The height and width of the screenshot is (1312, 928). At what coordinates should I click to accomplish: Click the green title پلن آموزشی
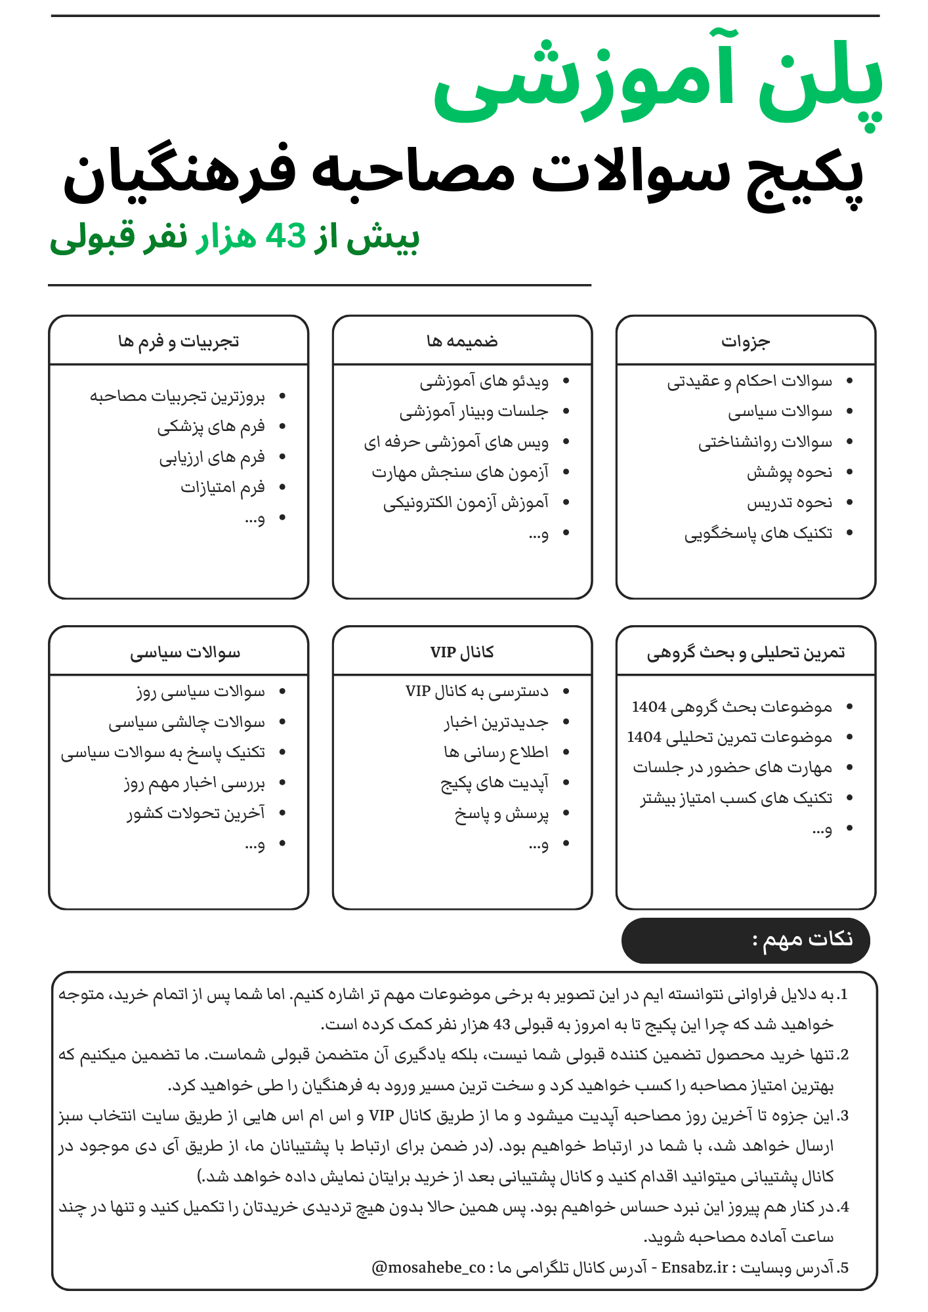pos(656,82)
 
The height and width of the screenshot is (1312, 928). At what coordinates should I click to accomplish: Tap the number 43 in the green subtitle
pos(286,236)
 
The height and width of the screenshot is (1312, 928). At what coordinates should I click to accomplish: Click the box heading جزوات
pos(746,341)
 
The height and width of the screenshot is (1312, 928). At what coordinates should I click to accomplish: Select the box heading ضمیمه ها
pos(462,341)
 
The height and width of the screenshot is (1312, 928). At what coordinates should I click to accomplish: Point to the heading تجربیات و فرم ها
pos(179,341)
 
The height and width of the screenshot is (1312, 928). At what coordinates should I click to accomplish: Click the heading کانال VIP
pos(462,652)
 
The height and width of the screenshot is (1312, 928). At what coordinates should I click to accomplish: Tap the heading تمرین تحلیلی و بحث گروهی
pos(746,652)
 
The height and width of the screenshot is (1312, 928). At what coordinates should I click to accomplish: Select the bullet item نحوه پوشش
pos(790,472)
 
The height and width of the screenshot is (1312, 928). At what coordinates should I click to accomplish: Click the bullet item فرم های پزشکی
pos(211,427)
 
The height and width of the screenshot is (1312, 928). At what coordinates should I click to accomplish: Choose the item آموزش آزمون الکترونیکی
pos(466,503)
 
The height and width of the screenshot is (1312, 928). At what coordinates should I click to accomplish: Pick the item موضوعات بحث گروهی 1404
pos(732,707)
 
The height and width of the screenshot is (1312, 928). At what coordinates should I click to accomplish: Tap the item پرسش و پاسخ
pos(501,814)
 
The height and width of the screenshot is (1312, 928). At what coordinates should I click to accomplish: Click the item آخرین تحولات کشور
pos(196,813)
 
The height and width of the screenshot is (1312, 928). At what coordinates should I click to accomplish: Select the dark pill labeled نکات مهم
pos(746,940)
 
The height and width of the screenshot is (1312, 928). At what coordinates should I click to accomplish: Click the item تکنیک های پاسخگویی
pos(758,533)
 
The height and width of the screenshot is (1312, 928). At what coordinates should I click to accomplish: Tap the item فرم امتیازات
pos(222,487)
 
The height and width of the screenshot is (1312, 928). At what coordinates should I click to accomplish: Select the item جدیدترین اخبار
pos(496,722)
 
